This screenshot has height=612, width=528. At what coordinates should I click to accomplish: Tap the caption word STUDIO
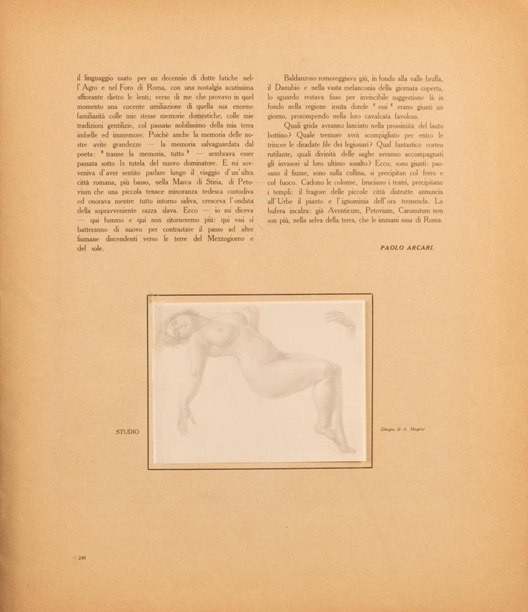tap(127, 432)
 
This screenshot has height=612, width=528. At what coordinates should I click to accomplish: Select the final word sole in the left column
tap(95, 249)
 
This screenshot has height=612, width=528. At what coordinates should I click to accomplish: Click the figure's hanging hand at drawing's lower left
tap(183, 419)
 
